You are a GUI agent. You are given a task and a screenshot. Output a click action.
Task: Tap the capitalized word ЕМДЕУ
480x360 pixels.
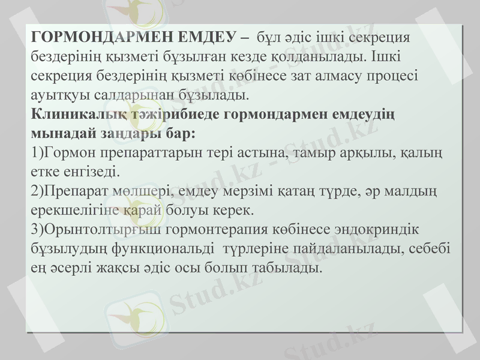click(201, 37)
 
